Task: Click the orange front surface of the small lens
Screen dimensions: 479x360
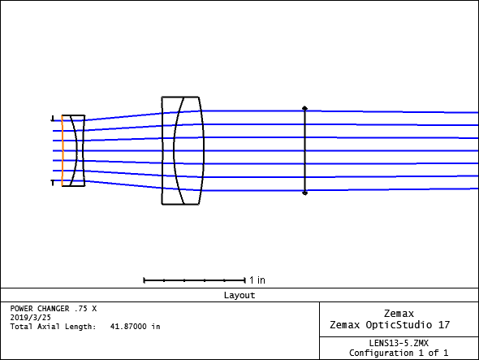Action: (62, 150)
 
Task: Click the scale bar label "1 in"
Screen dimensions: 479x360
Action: (257, 280)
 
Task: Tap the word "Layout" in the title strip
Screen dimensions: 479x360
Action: (239, 295)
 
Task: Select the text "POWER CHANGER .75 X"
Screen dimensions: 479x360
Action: (54, 309)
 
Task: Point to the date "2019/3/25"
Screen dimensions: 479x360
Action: (31, 318)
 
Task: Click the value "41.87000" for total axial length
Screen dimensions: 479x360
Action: (128, 327)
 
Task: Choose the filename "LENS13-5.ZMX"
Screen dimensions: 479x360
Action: (399, 343)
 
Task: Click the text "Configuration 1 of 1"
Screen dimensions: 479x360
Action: (399, 353)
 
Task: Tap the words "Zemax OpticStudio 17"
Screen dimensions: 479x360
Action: (390, 324)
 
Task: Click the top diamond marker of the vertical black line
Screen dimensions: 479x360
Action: (304, 108)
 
